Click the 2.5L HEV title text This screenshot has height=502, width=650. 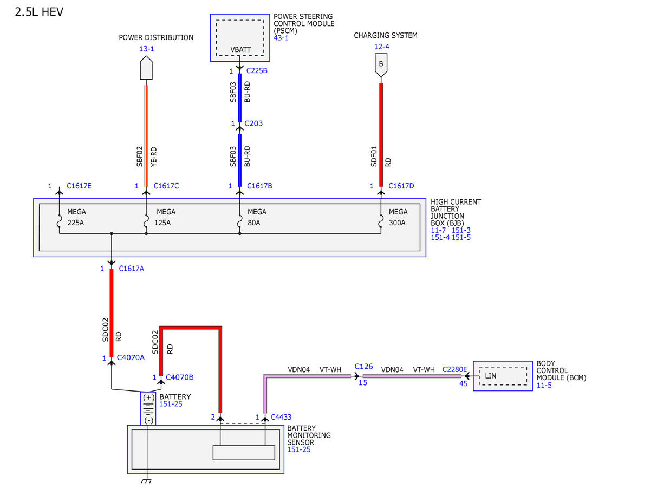point(39,12)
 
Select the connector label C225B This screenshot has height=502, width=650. point(257,71)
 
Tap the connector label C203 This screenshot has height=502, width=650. point(253,123)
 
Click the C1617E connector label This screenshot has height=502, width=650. point(79,186)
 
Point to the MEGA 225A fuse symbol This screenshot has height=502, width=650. point(59,221)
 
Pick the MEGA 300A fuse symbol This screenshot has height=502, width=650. point(381,221)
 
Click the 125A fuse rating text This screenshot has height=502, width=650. point(162,223)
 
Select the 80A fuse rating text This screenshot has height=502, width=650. point(253,223)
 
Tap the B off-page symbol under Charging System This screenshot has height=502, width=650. point(381,65)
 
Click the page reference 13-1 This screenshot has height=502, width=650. point(147,49)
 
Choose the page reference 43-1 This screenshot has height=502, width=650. point(281,38)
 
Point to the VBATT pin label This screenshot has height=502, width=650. point(240,50)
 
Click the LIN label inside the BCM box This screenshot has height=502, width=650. point(491,376)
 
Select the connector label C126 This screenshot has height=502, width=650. point(363,367)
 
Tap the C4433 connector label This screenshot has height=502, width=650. point(281,417)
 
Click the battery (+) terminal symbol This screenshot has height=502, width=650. point(148,397)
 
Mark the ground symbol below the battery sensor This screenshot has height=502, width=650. point(146,481)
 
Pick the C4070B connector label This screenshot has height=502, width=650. point(179,377)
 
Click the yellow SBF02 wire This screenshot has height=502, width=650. point(146,136)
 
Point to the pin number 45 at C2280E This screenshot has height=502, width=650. point(463,383)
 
